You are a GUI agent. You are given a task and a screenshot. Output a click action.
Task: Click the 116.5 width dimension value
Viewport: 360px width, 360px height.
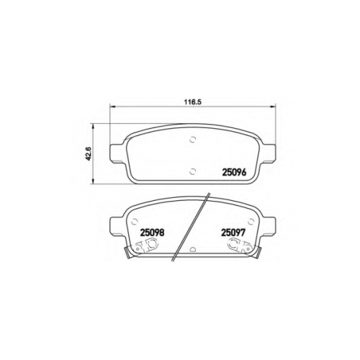192,102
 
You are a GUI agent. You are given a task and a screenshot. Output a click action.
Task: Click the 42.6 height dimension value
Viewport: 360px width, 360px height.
89,154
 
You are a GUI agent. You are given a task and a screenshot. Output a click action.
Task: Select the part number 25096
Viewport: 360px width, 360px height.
234,172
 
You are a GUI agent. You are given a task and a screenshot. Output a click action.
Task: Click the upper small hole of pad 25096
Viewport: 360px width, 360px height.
192,139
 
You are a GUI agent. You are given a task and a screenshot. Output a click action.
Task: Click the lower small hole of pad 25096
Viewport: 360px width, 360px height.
192,171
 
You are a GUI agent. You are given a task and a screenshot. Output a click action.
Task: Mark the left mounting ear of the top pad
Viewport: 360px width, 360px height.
117,153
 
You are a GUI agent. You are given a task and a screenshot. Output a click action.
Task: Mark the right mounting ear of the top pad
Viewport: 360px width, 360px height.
268,153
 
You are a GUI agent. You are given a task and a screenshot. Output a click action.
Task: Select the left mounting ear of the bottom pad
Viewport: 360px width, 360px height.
117,225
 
